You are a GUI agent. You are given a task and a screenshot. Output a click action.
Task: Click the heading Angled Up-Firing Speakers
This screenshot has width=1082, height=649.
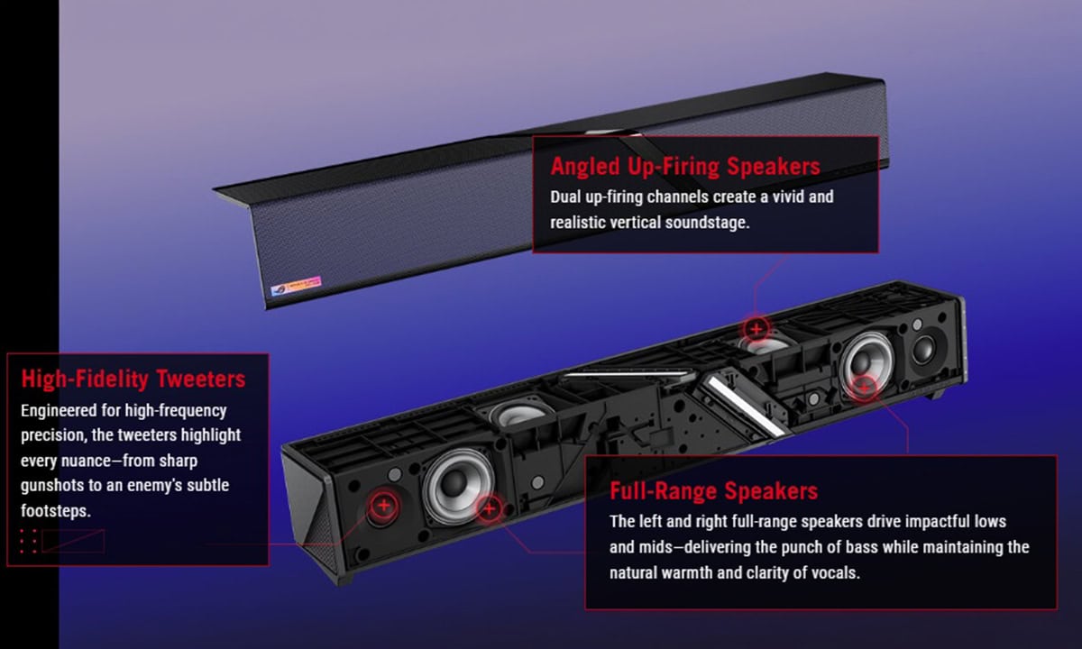tap(685, 167)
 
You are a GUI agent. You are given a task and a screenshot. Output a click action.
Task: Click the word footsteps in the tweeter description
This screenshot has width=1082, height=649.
tap(56, 510)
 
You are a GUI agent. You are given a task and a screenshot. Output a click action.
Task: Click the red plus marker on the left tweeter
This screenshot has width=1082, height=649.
tap(383, 506)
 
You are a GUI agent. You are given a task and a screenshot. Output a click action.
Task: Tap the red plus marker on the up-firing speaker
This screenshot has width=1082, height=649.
tap(756, 329)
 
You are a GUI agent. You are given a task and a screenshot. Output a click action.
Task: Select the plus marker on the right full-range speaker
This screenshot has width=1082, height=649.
tap(865, 387)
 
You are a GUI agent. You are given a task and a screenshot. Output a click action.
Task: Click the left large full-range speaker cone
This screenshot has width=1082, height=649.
tap(457, 485)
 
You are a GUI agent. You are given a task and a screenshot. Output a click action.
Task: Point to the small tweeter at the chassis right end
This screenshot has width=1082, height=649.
tap(923, 348)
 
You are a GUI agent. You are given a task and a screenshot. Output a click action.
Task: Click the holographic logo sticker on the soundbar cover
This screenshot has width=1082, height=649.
tap(296, 286)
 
